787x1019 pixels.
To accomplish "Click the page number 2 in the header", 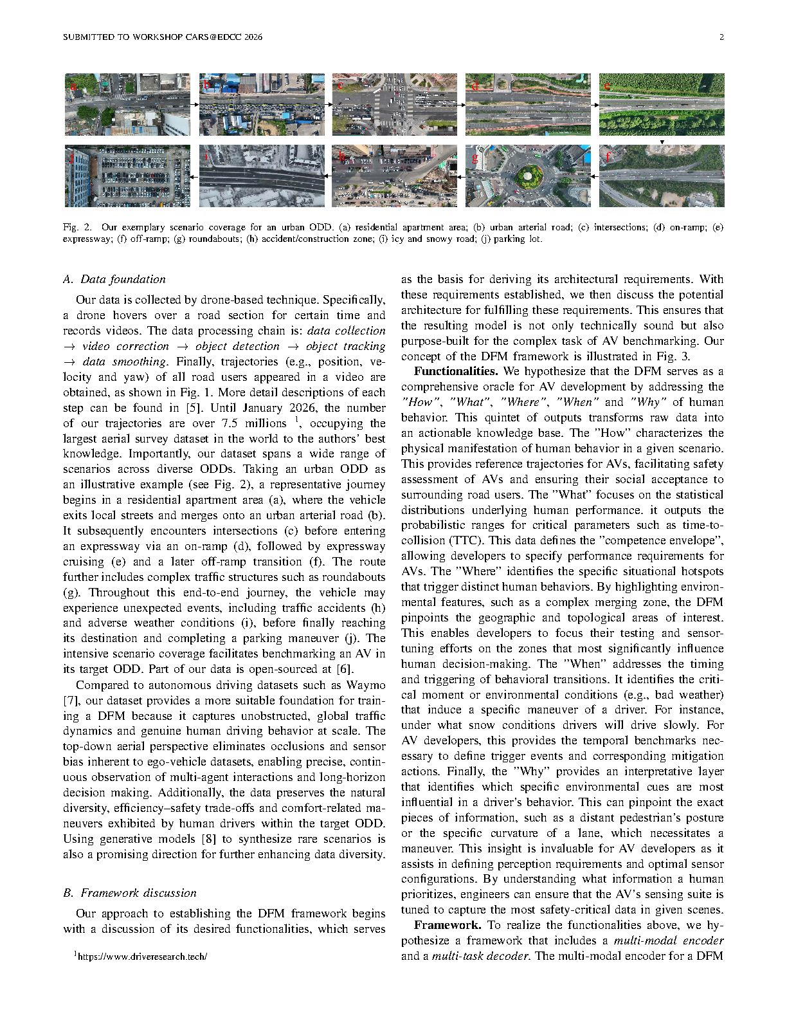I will [x=721, y=37].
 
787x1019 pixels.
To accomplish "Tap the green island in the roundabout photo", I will [x=528, y=175].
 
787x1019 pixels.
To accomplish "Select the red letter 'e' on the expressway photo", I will [x=606, y=85].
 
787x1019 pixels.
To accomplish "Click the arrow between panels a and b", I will [x=195, y=104].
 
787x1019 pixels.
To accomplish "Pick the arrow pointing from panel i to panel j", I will [x=195, y=176].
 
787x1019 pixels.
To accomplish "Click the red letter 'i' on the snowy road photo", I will [x=206, y=157].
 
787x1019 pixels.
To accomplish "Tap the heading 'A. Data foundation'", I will [x=114, y=279].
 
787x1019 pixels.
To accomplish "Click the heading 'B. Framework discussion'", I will [x=130, y=893].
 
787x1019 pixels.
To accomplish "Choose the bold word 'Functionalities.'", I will [x=456, y=371].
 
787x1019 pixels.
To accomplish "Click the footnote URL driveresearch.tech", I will [x=142, y=957].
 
